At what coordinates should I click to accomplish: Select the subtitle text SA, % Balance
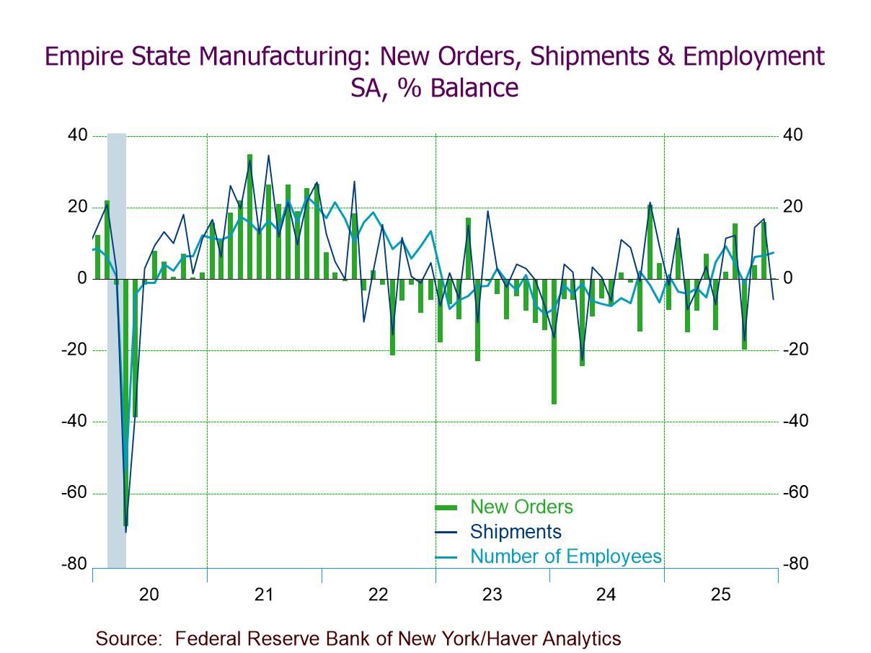[x=434, y=88]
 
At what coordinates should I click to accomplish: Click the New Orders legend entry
[x=521, y=507]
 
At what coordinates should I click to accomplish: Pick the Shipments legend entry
[x=515, y=532]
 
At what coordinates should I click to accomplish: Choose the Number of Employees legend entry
[x=565, y=556]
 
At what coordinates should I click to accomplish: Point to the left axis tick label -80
[x=74, y=564]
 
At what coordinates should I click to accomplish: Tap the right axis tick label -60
[x=797, y=493]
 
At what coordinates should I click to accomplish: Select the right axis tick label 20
[x=794, y=207]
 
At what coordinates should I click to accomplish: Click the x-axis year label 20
[x=149, y=595]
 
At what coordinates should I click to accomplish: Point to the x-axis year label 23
[x=492, y=595]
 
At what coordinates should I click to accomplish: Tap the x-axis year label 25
[x=720, y=595]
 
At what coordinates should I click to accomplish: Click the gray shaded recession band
[x=117, y=360]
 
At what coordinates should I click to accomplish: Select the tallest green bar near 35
[x=249, y=216]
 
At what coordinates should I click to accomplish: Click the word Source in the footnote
[x=127, y=638]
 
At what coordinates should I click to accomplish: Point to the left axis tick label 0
[x=82, y=279]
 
